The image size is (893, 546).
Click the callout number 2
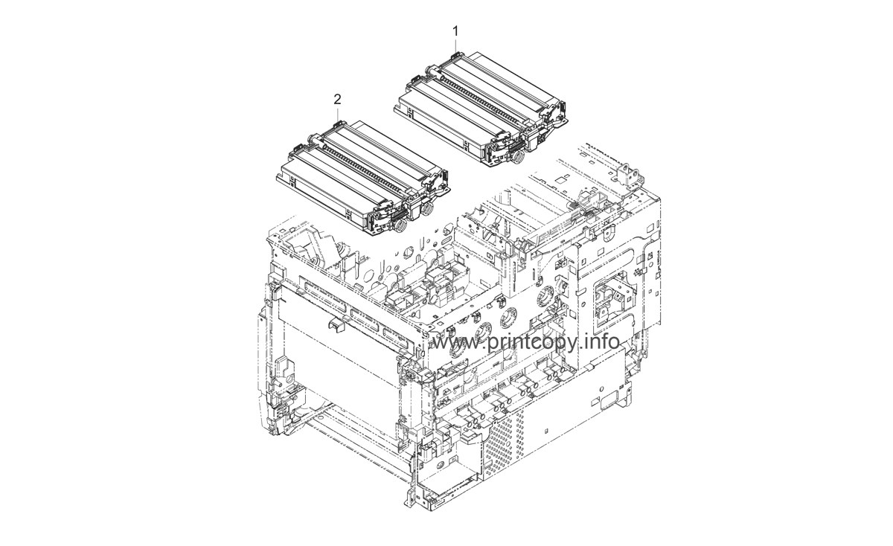[x=338, y=99]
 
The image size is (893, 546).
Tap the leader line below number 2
[x=338, y=112]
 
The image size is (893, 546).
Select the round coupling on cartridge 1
[x=515, y=158]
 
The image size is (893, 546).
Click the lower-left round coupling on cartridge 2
[x=399, y=221]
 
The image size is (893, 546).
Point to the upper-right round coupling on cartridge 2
[x=427, y=211]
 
